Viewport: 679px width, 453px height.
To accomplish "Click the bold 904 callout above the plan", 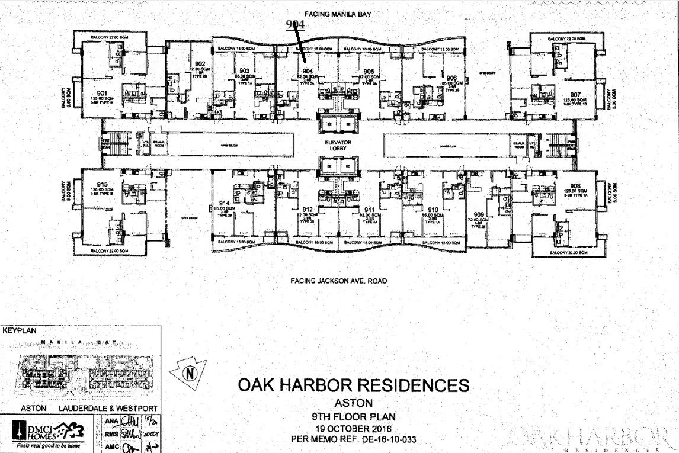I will [x=294, y=24].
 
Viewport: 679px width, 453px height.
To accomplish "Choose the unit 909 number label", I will [x=479, y=214].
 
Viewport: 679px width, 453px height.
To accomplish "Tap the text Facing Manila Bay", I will [x=338, y=13].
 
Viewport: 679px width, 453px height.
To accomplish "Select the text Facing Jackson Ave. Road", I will [x=338, y=281].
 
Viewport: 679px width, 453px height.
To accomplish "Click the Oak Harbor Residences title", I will [x=353, y=385].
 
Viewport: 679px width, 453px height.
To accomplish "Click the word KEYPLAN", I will [x=20, y=332].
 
